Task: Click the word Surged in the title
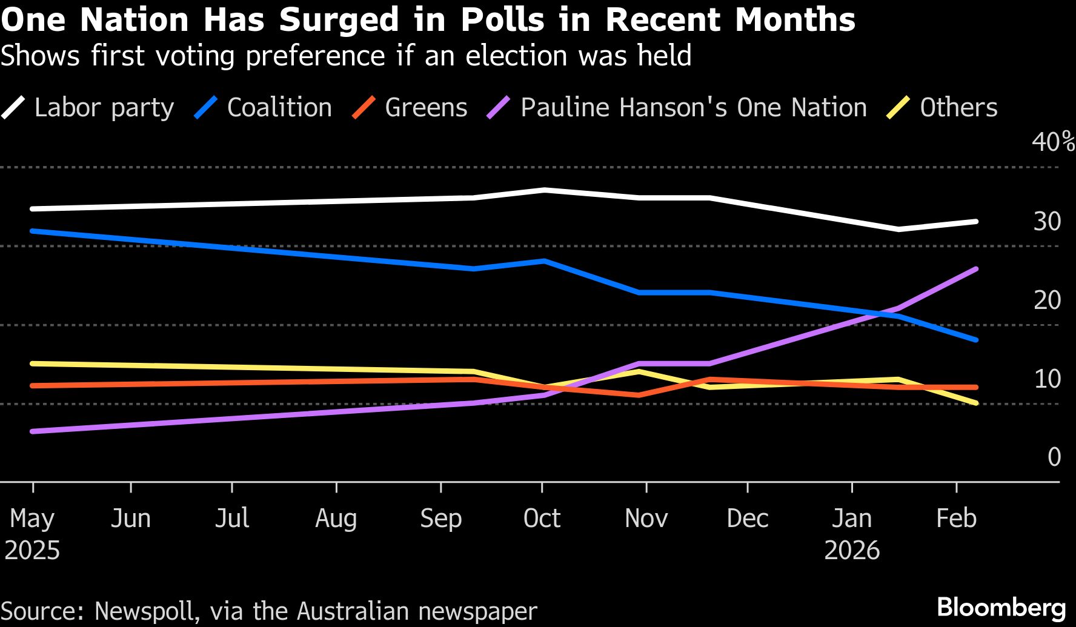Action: coord(339,20)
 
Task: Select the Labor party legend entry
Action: coord(104,108)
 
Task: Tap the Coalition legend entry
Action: coord(279,108)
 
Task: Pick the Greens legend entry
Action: coord(426,108)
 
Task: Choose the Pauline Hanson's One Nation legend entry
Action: coord(693,108)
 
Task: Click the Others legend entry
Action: coord(958,108)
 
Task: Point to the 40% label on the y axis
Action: coord(1053,142)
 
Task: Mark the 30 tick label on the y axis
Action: coord(1047,222)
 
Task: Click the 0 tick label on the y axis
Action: coord(1054,457)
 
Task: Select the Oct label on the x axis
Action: coord(542,519)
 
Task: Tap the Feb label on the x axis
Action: coord(956,519)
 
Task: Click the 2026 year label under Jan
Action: coord(852,551)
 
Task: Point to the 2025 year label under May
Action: coord(32,551)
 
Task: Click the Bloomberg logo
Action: coord(1001,607)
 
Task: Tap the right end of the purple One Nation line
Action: coord(975,269)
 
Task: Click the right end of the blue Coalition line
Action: coord(975,340)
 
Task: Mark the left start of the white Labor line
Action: coord(33,209)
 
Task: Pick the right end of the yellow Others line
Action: coord(975,403)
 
